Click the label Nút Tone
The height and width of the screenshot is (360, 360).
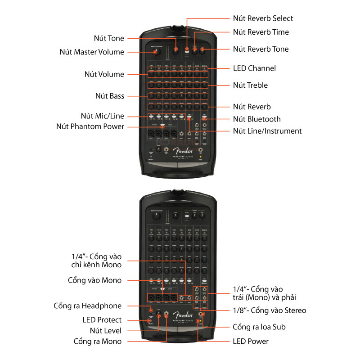109,38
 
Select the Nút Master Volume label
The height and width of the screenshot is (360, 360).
92,52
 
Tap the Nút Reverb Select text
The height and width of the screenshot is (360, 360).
263,18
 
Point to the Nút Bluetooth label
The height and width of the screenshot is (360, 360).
256,119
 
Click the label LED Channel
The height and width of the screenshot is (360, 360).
254,68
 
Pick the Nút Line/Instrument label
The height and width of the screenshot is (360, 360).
267,131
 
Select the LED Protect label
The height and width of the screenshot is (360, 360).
102,320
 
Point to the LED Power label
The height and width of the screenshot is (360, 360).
251,341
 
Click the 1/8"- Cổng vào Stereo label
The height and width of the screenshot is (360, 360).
269,310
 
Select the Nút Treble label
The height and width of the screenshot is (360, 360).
250,85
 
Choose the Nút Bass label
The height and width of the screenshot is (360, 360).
109,96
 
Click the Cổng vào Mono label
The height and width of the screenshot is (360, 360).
94,280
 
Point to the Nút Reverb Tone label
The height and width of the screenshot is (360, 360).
261,49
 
